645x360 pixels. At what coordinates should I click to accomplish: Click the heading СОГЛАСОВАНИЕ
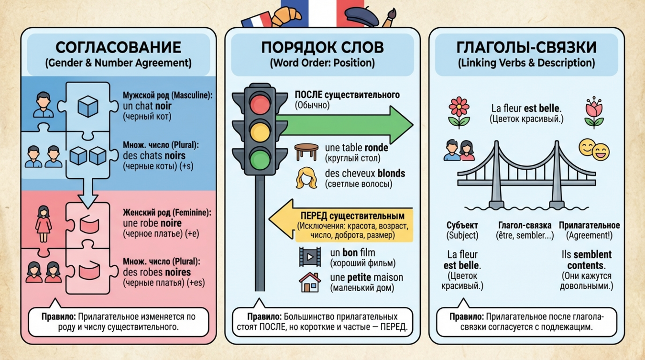[x=119, y=47]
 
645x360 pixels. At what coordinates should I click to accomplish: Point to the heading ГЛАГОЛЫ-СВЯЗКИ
[x=526, y=47]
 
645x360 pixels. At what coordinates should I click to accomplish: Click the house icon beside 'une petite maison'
[x=309, y=282]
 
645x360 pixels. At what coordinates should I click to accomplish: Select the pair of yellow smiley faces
[x=594, y=150]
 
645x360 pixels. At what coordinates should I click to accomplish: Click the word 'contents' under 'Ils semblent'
[x=586, y=265]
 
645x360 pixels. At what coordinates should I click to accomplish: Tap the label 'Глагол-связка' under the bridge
[x=525, y=225]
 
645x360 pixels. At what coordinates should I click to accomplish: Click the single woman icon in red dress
[x=44, y=224]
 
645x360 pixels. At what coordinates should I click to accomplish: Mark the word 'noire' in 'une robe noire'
[x=171, y=223]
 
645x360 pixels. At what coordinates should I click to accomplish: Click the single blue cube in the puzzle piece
[x=87, y=106]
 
